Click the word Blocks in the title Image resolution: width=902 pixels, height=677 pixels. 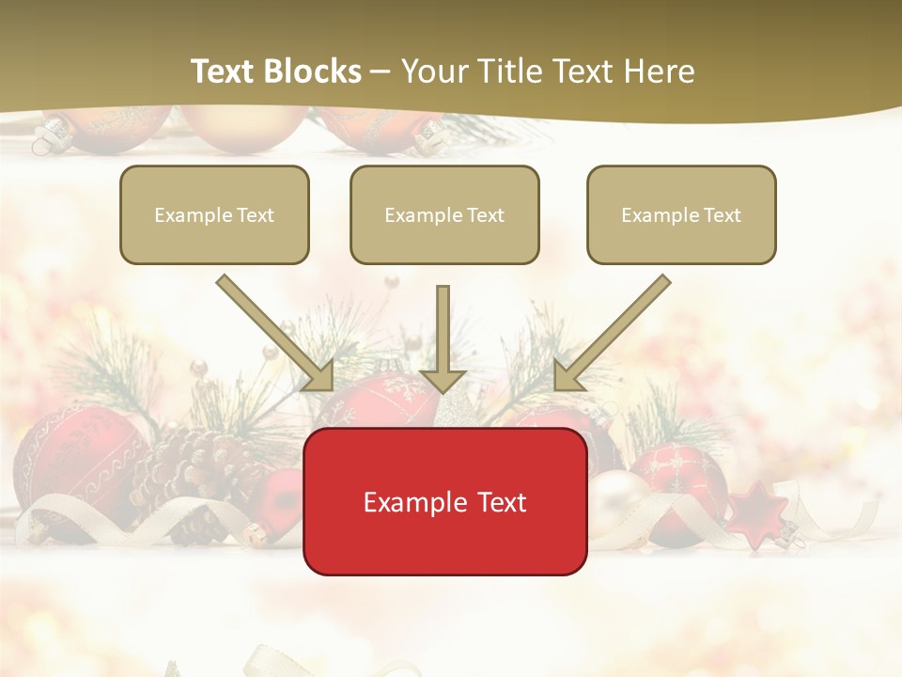(314, 71)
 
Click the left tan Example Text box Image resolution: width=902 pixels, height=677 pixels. (214, 214)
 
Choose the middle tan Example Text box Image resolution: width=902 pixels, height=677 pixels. (444, 214)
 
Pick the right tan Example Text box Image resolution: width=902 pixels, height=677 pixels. (681, 214)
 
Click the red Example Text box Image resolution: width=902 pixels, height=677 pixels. (444, 501)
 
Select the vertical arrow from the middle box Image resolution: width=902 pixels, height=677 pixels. (443, 338)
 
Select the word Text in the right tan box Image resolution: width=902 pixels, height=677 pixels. (722, 215)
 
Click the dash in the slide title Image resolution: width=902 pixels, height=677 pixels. (381, 71)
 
